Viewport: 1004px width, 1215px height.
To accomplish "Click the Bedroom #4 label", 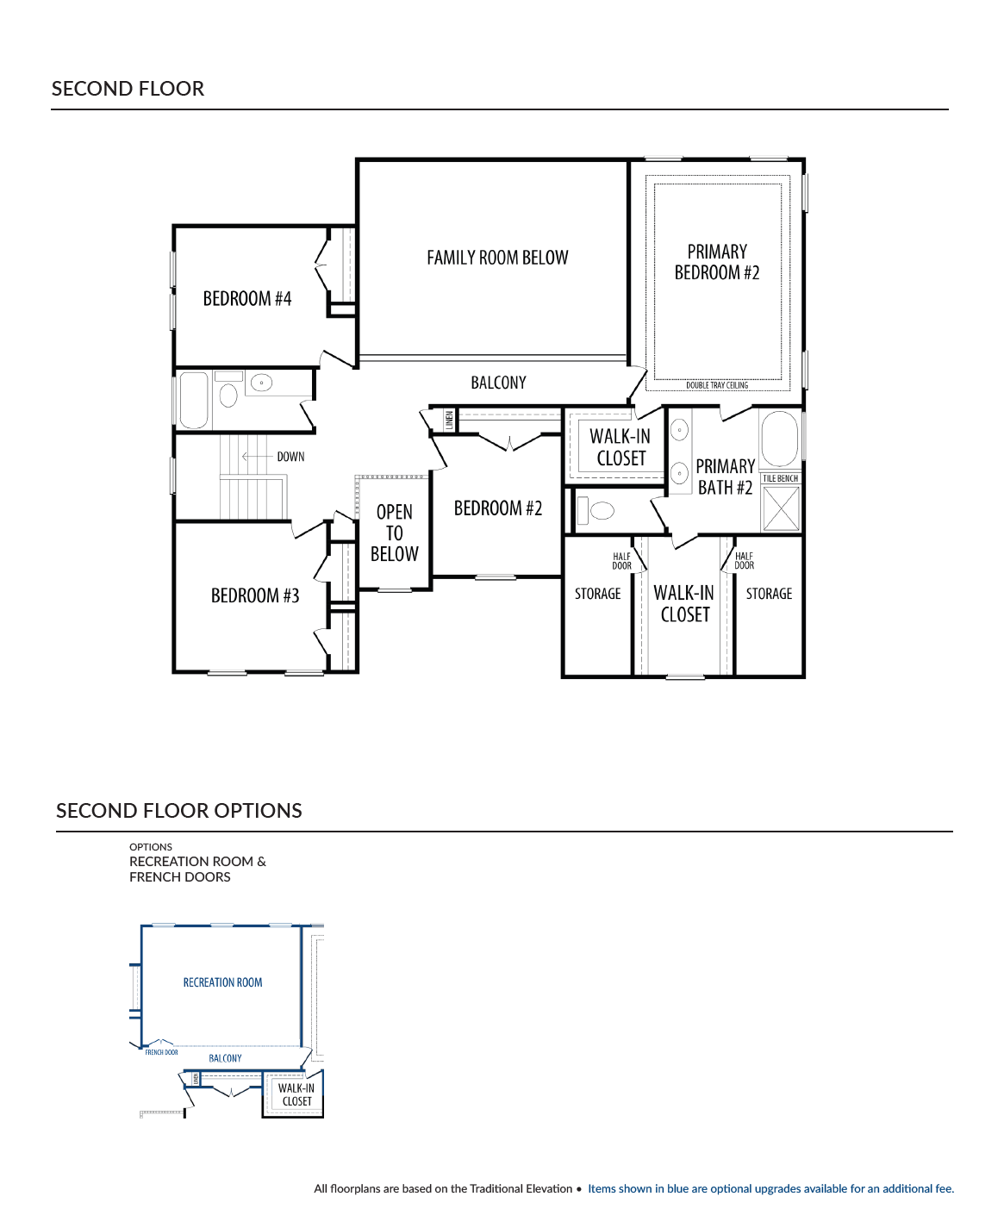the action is click(x=246, y=298).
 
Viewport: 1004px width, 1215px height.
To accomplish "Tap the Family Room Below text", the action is click(x=497, y=257).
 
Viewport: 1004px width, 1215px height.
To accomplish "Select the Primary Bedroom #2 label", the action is click(x=716, y=262).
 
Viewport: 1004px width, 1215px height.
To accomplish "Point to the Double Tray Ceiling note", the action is click(x=716, y=385).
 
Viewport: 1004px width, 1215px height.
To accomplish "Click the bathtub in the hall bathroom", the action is click(x=193, y=401).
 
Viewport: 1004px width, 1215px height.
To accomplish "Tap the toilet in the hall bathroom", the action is click(x=228, y=391).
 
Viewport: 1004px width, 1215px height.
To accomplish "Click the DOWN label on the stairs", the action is click(x=290, y=457).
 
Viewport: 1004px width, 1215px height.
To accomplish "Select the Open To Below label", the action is click(x=394, y=533).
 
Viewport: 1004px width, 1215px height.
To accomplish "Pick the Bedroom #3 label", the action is click(x=255, y=595).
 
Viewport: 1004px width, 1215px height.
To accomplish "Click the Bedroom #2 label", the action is click(x=497, y=508).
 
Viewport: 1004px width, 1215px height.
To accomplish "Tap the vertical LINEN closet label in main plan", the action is click(x=449, y=421).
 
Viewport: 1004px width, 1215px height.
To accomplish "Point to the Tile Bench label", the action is click(x=780, y=478).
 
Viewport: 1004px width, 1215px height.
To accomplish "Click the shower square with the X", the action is click(x=781, y=509).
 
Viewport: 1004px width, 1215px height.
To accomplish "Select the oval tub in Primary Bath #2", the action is click(x=779, y=439).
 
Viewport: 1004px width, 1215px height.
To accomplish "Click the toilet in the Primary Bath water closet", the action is click(x=595, y=510).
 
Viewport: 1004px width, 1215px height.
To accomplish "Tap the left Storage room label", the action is click(x=597, y=594).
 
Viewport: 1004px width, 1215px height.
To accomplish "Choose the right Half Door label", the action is click(x=744, y=560).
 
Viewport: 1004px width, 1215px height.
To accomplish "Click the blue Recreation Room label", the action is click(x=222, y=982).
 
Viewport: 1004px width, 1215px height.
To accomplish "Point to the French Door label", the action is click(x=161, y=1052).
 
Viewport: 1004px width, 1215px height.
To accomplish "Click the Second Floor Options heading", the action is click(x=178, y=811).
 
